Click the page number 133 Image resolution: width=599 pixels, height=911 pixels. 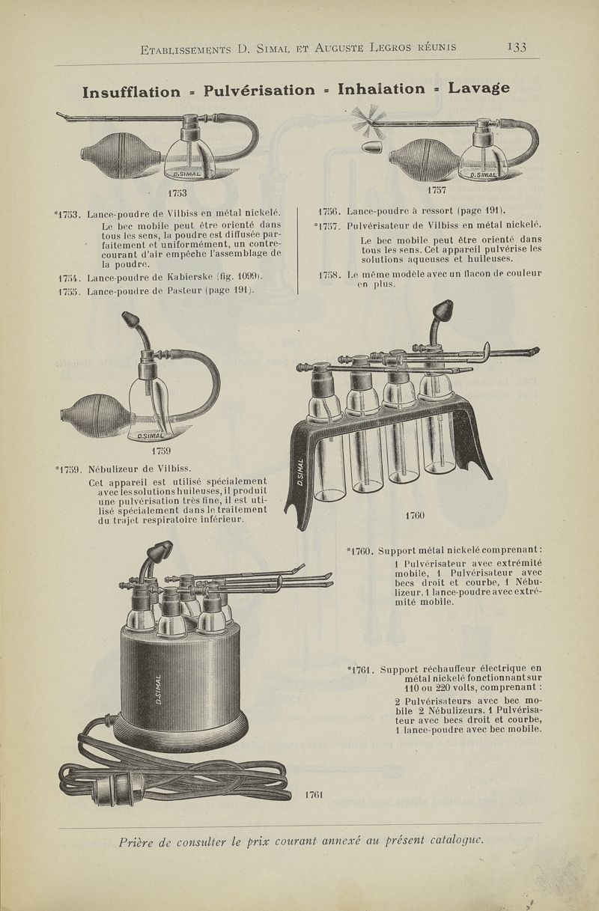[x=516, y=47]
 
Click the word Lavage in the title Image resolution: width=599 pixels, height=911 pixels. [x=478, y=88]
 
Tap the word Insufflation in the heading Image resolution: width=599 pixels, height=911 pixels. [x=132, y=92]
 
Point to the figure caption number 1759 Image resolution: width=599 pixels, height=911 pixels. [x=162, y=451]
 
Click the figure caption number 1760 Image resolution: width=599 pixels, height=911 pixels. [x=414, y=516]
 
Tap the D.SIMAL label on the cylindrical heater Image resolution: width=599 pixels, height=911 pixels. [x=159, y=689]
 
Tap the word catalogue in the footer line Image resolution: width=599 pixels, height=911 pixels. [x=448, y=840]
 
